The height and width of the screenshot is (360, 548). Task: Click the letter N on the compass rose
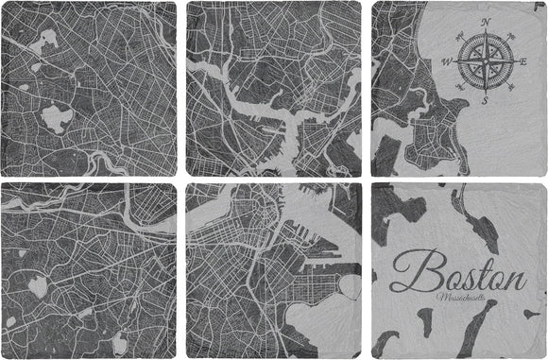[x=486, y=21]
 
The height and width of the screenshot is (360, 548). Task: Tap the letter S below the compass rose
[x=484, y=100]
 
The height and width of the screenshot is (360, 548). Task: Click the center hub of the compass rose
[x=485, y=61]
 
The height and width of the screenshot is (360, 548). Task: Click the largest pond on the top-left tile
[x=58, y=118]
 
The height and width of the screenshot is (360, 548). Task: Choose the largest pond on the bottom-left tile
[x=39, y=285]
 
